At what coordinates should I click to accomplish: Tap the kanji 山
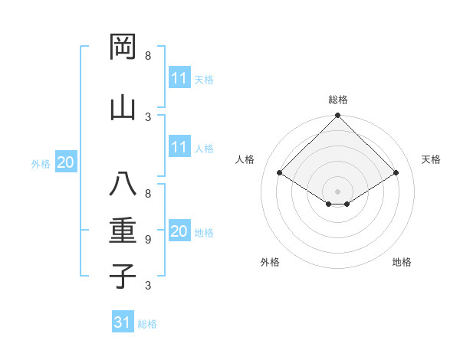(123, 108)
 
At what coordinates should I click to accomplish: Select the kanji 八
(123, 185)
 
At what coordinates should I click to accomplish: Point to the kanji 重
(123, 231)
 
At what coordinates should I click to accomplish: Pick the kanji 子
(123, 277)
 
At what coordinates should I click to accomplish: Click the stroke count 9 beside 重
(148, 239)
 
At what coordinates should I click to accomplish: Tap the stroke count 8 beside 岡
(148, 56)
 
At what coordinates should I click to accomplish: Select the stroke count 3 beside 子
(148, 286)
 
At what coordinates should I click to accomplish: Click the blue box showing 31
(123, 322)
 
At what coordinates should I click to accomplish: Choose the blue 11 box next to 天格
(179, 78)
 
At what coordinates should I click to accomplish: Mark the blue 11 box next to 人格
(179, 148)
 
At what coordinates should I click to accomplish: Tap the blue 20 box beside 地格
(179, 231)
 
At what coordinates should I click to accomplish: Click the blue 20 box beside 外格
(66, 162)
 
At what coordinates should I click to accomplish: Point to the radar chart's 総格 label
(337, 100)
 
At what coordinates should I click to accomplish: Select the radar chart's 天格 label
(431, 159)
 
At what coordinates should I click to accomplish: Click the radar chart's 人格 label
(245, 159)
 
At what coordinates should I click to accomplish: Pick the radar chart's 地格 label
(402, 263)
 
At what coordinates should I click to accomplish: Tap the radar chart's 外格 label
(270, 263)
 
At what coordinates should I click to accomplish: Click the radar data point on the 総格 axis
(337, 116)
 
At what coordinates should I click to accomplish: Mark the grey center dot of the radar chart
(337, 190)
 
